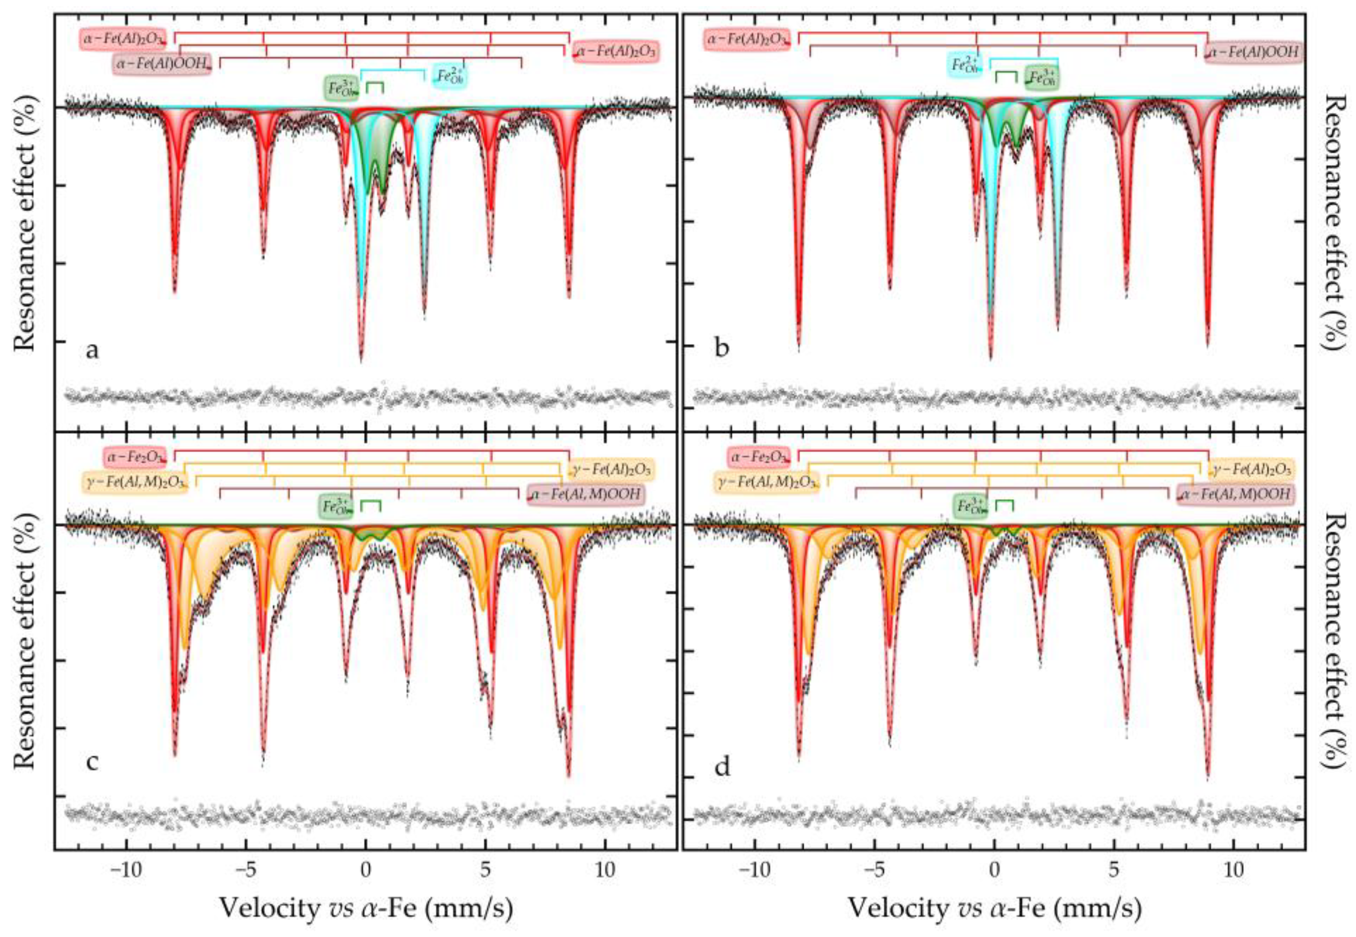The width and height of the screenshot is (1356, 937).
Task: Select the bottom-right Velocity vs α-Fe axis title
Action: coord(994,909)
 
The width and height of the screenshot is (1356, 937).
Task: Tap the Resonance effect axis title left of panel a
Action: coord(25,224)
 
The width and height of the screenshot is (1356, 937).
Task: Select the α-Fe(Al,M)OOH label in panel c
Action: coord(586,494)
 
